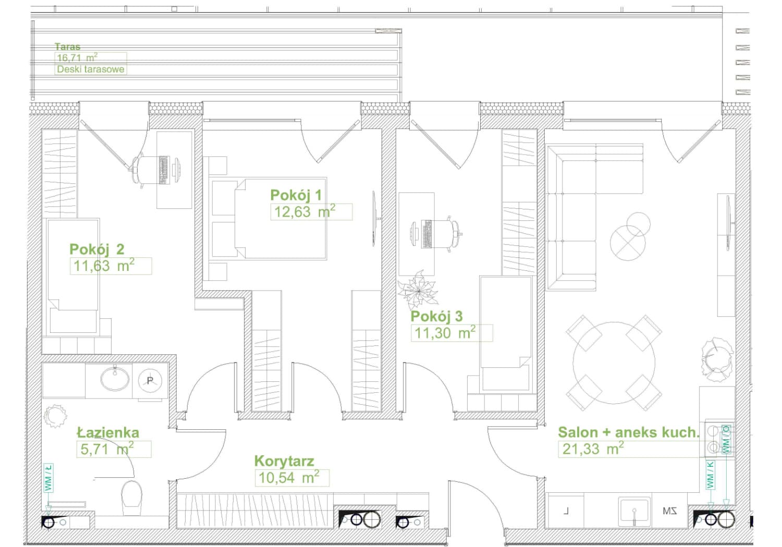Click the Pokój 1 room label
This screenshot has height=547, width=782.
click(296, 195)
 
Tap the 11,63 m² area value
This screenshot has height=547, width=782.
click(104, 266)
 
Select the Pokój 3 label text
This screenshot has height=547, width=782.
click(436, 316)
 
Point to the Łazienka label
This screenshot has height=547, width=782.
click(108, 432)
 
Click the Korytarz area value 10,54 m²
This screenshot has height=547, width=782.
click(288, 477)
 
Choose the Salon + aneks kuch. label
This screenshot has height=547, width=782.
click(629, 432)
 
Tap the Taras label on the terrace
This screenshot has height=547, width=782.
click(67, 46)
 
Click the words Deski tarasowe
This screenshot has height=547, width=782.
click(90, 69)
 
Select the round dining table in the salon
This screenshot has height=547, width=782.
click(614, 363)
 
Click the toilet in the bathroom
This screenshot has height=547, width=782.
click(131, 498)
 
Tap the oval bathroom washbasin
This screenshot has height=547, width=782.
click(115, 378)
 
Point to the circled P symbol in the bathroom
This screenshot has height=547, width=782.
click(150, 381)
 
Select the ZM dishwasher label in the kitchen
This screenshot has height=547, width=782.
click(669, 512)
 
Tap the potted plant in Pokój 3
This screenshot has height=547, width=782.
click(418, 290)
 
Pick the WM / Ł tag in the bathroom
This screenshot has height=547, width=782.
click(48, 478)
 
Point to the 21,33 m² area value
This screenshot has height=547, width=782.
click(593, 449)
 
